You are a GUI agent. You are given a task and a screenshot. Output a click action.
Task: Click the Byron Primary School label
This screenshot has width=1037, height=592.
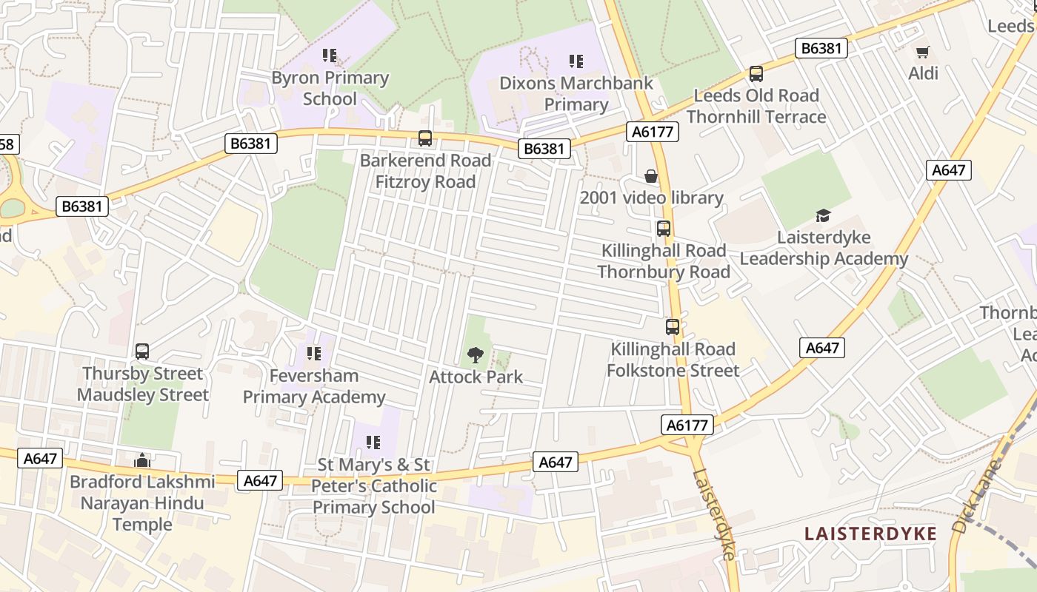330,88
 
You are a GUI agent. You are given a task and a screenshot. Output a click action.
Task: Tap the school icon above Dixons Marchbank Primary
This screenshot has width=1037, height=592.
576,61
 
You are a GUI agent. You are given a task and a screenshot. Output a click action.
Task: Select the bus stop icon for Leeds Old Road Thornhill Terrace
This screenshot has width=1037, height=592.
756,74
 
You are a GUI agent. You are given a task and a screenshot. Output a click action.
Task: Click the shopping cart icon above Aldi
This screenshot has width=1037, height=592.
922,52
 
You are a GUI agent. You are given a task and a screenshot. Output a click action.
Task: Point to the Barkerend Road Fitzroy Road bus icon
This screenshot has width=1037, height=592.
424,138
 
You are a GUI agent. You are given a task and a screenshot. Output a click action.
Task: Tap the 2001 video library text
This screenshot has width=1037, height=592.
651,198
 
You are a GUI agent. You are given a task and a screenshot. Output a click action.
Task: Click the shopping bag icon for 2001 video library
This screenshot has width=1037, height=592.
650,176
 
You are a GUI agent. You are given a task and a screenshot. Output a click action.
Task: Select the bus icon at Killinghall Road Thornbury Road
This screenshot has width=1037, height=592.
663,229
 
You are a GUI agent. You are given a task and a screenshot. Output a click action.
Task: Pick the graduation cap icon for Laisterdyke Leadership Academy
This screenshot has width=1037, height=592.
823,215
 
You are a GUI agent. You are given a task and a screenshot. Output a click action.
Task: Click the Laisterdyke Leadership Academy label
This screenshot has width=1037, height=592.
824,248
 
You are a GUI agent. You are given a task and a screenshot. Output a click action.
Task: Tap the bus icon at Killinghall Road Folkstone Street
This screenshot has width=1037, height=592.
672,327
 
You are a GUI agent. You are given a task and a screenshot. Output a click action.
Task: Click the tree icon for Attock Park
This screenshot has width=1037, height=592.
476,355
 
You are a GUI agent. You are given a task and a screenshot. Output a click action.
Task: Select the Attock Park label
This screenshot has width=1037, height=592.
476,377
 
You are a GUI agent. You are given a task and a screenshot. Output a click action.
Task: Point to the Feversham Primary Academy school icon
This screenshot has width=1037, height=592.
313,354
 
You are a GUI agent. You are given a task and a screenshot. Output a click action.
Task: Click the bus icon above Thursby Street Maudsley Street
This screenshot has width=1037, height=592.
142,351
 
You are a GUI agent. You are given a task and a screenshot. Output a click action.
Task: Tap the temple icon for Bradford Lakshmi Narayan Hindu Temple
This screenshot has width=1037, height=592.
142,460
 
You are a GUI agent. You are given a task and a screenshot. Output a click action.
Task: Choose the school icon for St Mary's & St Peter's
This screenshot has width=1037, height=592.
373,443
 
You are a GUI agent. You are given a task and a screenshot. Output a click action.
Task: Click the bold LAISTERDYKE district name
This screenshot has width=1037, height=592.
870,534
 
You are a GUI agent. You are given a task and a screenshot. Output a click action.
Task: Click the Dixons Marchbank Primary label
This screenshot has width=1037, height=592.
576,93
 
